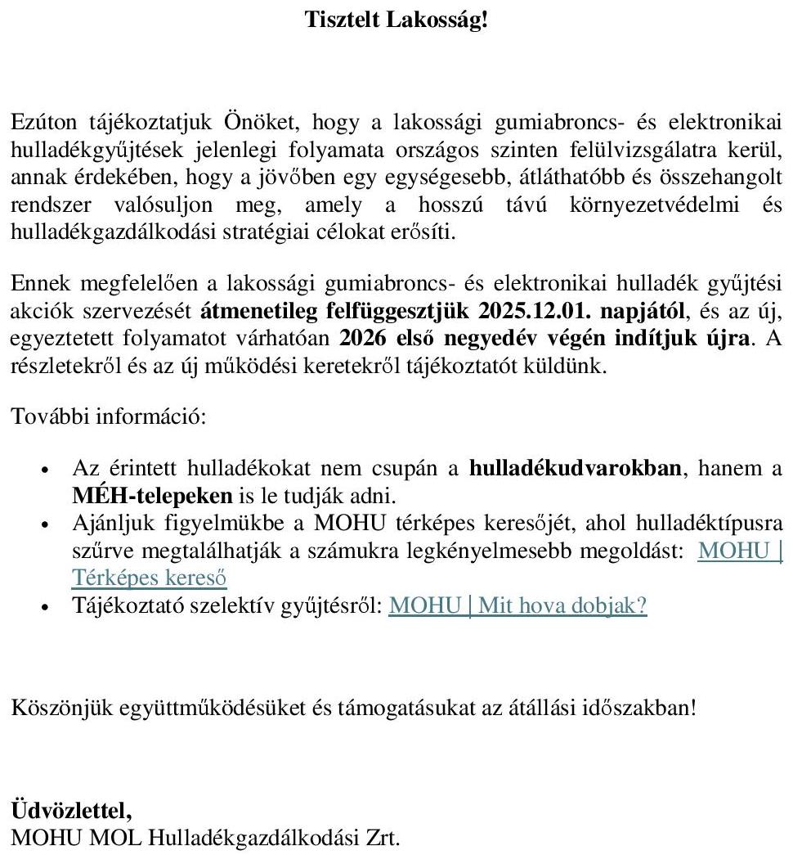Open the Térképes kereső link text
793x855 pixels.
click(x=150, y=578)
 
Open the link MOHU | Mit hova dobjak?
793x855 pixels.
click(x=517, y=605)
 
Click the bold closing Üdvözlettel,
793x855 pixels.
click(x=70, y=812)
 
